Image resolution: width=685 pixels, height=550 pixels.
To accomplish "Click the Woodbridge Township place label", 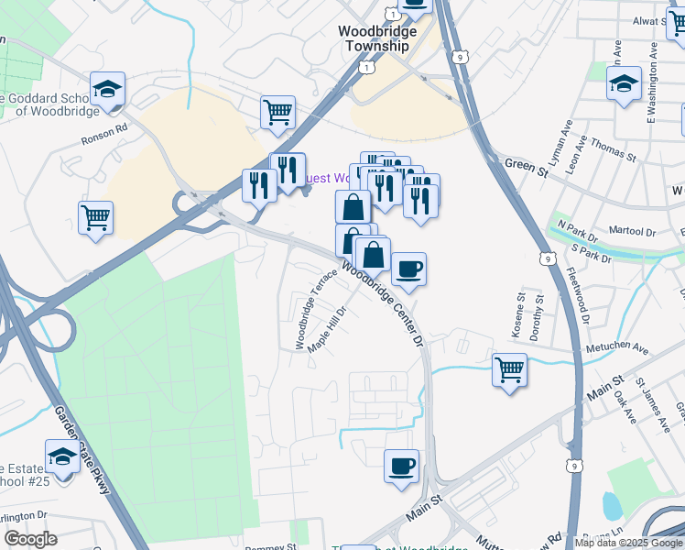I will pos(377,38).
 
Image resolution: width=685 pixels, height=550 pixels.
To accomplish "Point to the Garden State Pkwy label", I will pos(83,449).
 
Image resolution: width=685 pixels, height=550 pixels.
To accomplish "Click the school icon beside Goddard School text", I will pos(108,89).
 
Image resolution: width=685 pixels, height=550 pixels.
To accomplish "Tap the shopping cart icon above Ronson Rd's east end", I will pos(277,113).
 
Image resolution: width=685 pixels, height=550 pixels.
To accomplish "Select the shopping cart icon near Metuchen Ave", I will pos(509,369).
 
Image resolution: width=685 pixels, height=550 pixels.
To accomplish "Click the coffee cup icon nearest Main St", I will pos(401,467).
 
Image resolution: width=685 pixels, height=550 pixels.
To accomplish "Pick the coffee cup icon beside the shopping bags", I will pos(408,269).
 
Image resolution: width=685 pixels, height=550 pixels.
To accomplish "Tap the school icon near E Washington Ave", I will pos(625,84).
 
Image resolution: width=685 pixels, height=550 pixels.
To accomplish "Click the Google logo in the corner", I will pos(30,539).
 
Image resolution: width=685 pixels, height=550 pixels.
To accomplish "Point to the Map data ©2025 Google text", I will pos(628,543).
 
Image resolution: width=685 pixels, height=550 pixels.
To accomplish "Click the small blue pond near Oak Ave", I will pos(611,504).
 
